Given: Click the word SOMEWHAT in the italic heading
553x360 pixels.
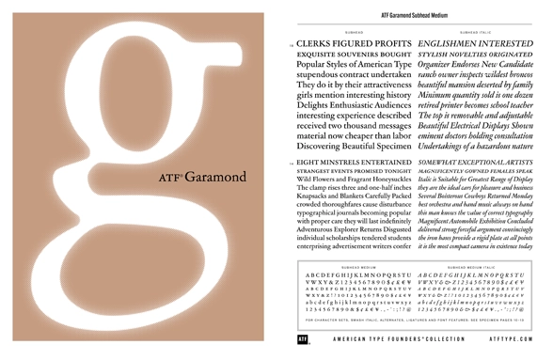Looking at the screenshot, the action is coord(446,164).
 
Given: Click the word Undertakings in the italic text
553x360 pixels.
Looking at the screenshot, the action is coord(450,146).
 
